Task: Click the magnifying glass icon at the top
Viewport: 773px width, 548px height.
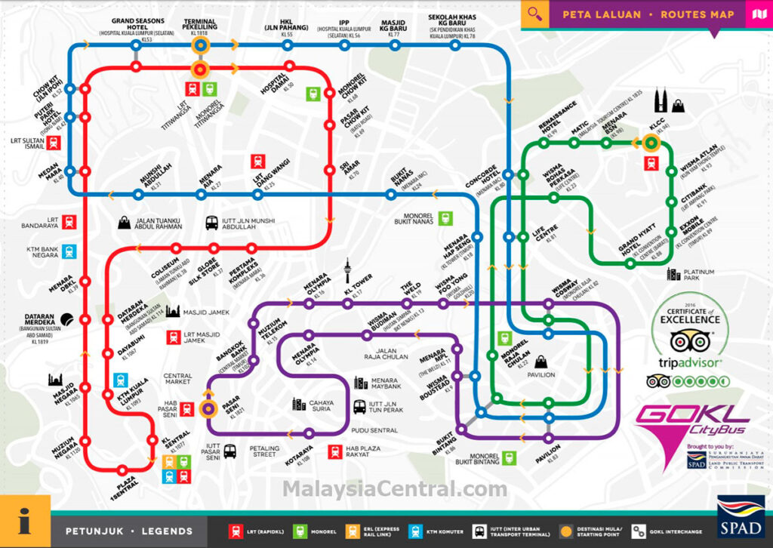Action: [x=535, y=14]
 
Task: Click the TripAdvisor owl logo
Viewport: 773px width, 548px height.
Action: [x=686, y=340]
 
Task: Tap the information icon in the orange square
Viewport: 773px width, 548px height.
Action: [x=25, y=521]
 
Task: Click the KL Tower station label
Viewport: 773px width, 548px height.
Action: [x=358, y=284]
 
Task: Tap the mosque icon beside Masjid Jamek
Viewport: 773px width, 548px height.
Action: [x=172, y=311]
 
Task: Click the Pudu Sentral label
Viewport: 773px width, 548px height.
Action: [x=375, y=430]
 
